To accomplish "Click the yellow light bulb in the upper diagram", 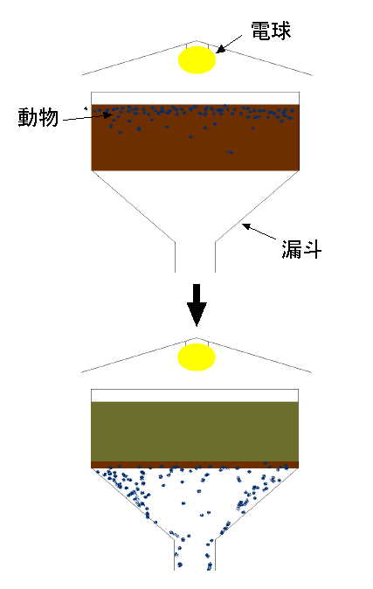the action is [197, 59].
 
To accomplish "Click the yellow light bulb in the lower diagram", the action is [197, 357].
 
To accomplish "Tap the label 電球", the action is [271, 31].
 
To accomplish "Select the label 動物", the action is [38, 117].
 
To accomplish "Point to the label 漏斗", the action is [301, 249].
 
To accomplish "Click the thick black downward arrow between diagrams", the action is [197, 305].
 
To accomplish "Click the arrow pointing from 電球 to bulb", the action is [229, 45].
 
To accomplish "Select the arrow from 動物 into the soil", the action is [88, 118].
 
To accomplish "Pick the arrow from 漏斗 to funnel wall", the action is [259, 232].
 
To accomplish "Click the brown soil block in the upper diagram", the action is [196, 137].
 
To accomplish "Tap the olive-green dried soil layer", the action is [195, 432].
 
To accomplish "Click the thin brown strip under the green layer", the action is [195, 465].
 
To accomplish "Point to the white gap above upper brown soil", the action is [196, 99].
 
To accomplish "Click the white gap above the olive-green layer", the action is [195, 396].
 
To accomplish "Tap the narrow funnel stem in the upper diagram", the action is [195, 257].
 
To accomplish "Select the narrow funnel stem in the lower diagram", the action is [195, 555].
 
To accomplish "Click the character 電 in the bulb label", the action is [260, 31].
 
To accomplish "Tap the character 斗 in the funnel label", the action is [312, 249].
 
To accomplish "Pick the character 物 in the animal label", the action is [49, 118].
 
